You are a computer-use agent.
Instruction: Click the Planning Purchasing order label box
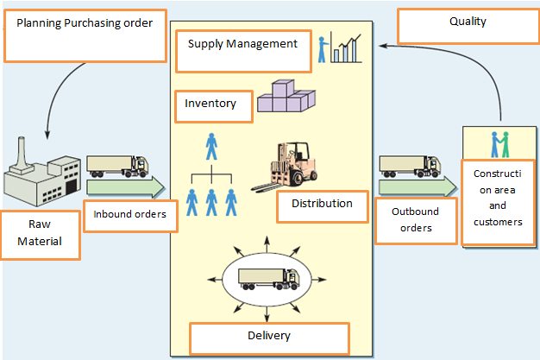click(x=85, y=35)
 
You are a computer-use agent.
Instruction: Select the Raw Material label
click(x=40, y=234)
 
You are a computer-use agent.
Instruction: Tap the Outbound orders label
click(x=415, y=219)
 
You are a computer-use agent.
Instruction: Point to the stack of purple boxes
click(x=286, y=98)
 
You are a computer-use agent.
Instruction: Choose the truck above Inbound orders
click(x=117, y=164)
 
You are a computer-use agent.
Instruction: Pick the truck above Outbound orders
click(x=411, y=164)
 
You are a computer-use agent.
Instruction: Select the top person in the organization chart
click(x=211, y=147)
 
